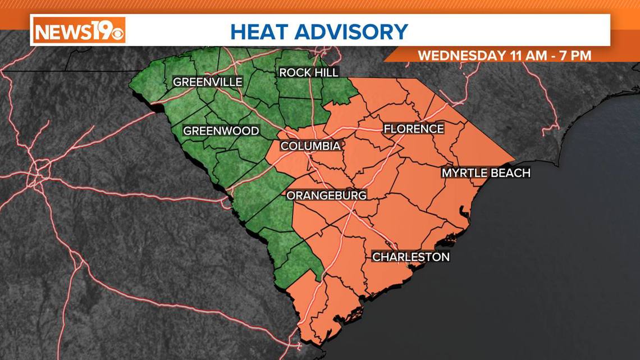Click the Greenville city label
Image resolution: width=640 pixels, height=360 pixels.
tap(208, 82)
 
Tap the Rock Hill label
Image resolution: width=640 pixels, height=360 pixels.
tap(309, 72)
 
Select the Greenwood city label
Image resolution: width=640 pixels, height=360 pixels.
tap(221, 131)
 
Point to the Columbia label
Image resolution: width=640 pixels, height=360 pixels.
tap(310, 146)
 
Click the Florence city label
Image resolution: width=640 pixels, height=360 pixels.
tap(414, 129)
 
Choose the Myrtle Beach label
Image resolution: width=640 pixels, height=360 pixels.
tap(486, 172)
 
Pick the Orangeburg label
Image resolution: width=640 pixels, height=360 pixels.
tap(327, 195)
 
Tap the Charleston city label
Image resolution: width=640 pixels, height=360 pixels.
tap(412, 257)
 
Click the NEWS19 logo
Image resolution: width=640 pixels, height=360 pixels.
tap(79, 30)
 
